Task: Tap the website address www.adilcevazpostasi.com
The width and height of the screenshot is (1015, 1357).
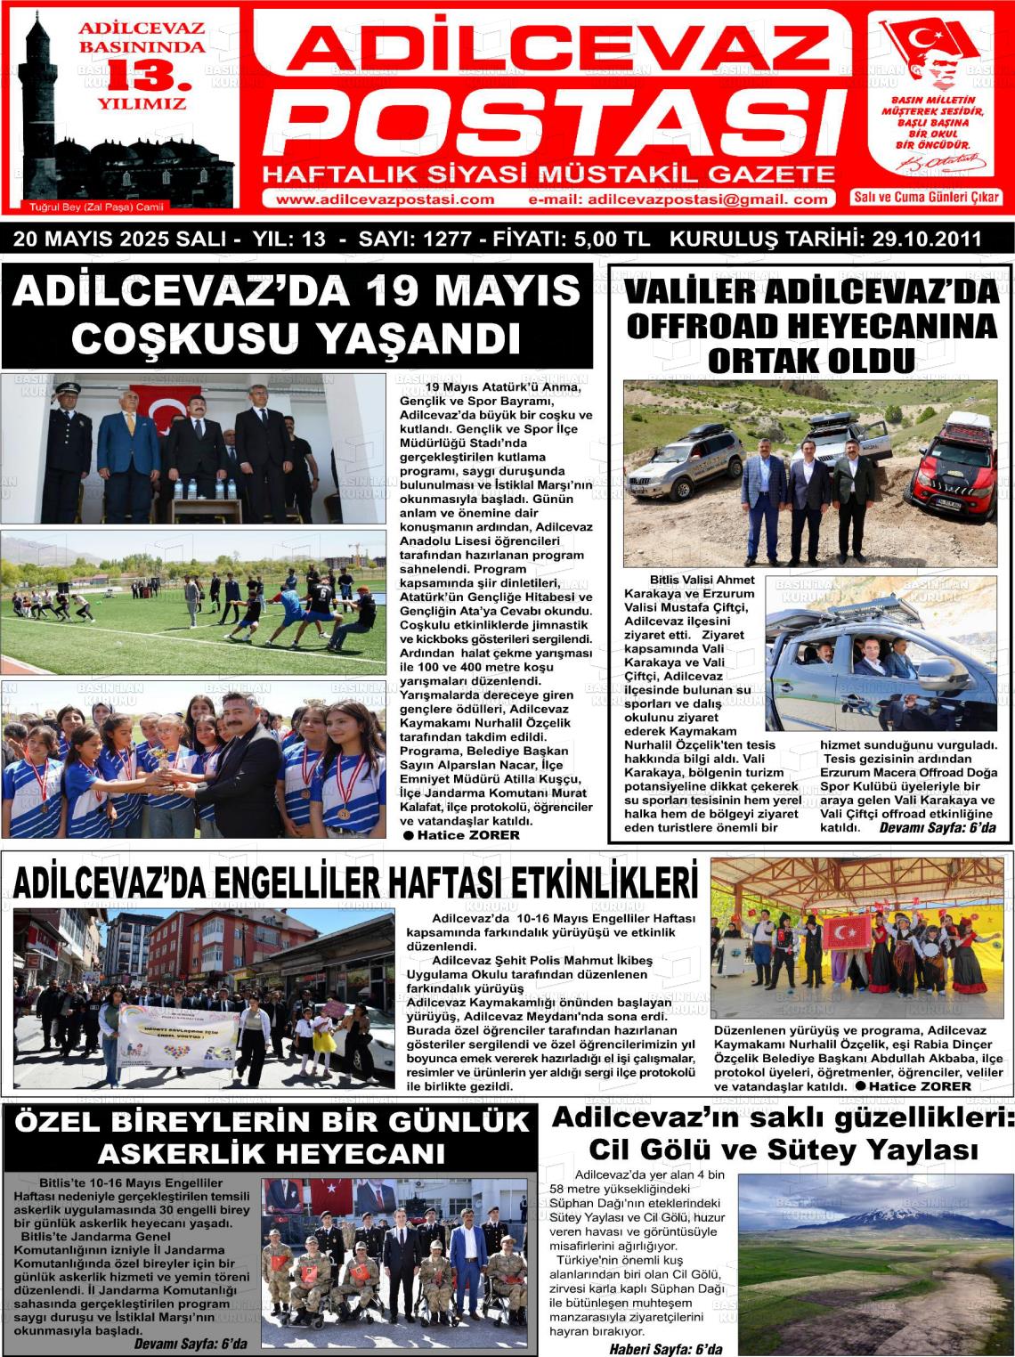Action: tap(386, 199)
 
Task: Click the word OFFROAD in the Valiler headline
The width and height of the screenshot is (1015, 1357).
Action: tap(698, 326)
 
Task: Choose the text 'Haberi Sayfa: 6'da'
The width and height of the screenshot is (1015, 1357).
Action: tap(665, 1348)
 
